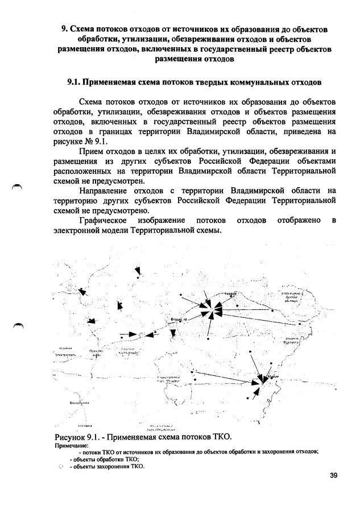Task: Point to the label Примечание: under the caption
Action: click(70, 446)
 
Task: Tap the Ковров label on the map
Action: click(230, 294)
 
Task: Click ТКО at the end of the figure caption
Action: click(221, 437)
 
